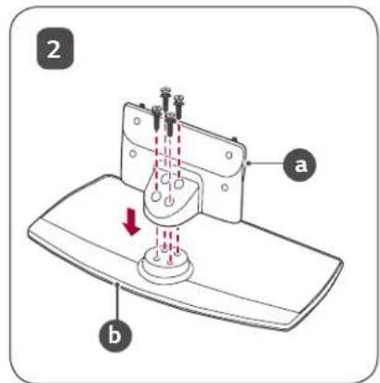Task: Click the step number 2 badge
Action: click(x=55, y=48)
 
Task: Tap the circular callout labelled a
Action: click(x=300, y=165)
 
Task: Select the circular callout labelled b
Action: click(x=115, y=336)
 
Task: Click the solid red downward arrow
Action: click(x=132, y=222)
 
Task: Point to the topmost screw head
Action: click(x=165, y=90)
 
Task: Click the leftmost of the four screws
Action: click(x=156, y=118)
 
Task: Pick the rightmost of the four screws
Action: click(x=178, y=107)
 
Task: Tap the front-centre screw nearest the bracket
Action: click(x=170, y=125)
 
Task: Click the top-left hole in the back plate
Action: click(x=137, y=121)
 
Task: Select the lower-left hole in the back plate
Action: click(x=133, y=153)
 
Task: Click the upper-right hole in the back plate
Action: click(x=229, y=154)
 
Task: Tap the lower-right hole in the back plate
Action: click(x=225, y=187)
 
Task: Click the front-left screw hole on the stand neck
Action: click(x=156, y=196)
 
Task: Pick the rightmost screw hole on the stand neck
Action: click(x=178, y=184)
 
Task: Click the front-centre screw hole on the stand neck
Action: click(x=168, y=202)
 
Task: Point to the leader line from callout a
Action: click(x=265, y=164)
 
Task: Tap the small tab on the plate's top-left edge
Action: click(x=142, y=106)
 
